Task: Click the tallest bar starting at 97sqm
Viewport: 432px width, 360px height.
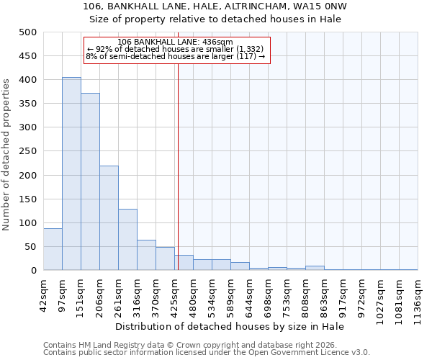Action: (x=71, y=174)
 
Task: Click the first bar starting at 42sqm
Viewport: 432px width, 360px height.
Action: (x=53, y=249)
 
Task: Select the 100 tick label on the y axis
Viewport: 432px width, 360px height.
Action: (x=27, y=223)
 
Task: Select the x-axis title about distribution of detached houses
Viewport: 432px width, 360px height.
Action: (x=230, y=326)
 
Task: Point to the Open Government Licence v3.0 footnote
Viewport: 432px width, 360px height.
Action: (x=207, y=353)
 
